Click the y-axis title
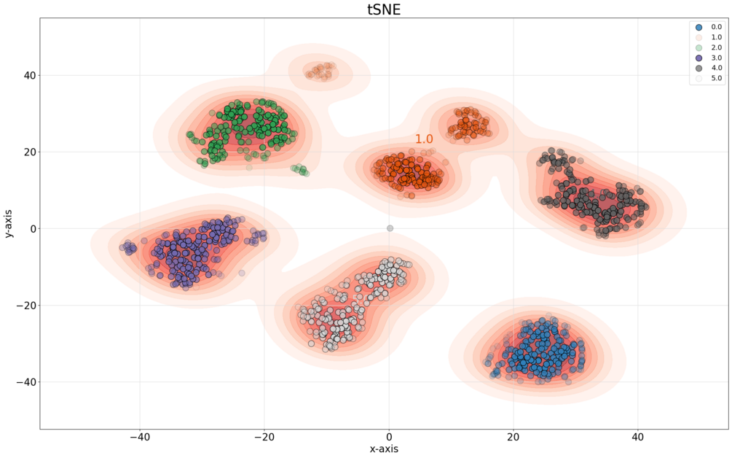(x=8, y=223)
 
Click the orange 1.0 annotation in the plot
(x=424, y=139)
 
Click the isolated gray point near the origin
(x=390, y=228)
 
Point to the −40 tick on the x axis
(x=140, y=437)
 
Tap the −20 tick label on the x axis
(x=264, y=437)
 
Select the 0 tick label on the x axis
(x=389, y=437)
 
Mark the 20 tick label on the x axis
(x=513, y=437)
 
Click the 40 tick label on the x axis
(x=638, y=437)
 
